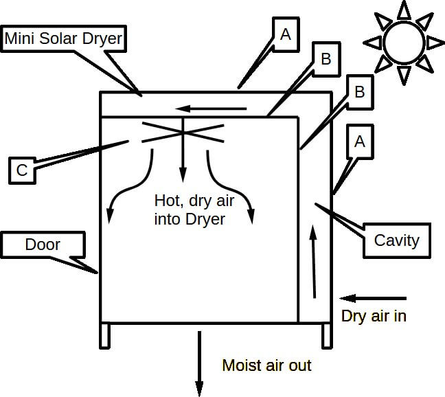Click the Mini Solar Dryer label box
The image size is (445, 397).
click(x=65, y=38)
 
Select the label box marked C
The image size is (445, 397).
click(x=22, y=170)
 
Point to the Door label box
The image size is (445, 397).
click(x=43, y=245)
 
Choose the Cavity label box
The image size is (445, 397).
click(x=396, y=240)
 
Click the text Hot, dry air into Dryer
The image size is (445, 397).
click(x=190, y=209)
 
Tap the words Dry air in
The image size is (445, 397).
click(x=373, y=317)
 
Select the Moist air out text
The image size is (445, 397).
click(x=266, y=365)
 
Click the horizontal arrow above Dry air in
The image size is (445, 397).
click(x=374, y=298)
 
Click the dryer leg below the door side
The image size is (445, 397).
click(x=105, y=335)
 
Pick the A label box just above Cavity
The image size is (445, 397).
click(x=358, y=141)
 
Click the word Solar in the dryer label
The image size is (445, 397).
click(x=66, y=38)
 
